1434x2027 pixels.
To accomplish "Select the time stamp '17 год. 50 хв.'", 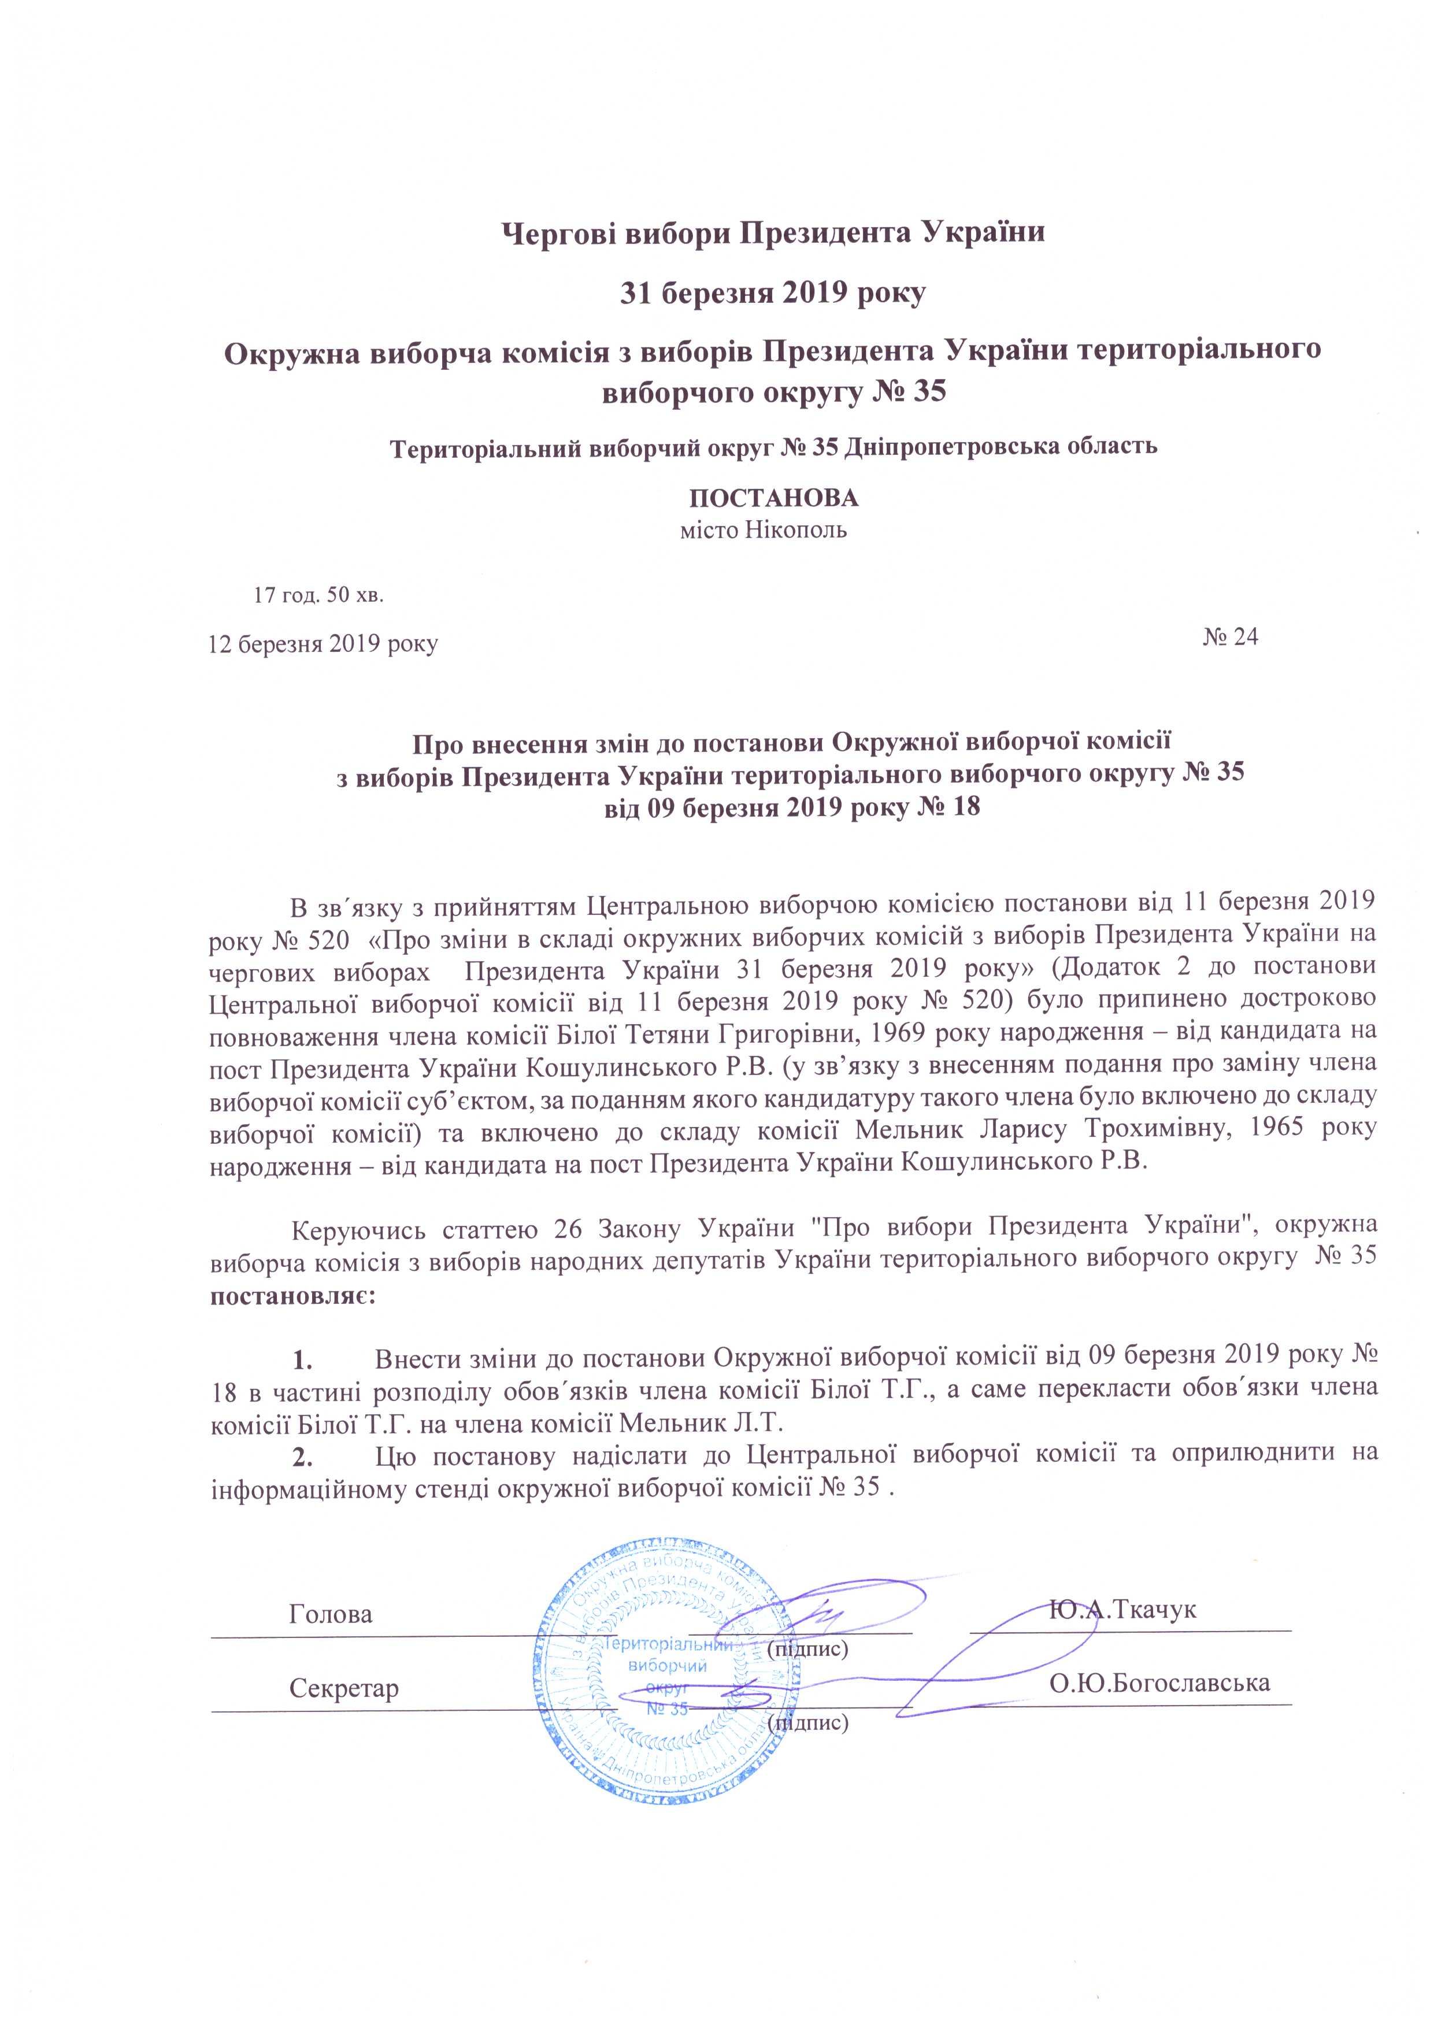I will point(319,595).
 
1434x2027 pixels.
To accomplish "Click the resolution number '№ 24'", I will point(1230,638).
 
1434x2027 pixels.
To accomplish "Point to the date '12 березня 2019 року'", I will point(323,644).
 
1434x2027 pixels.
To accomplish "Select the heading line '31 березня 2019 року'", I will point(773,292).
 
